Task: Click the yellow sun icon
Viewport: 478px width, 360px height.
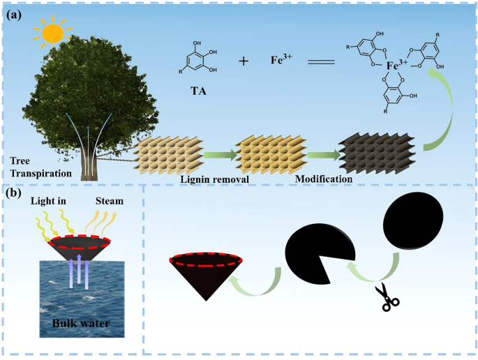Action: click(52, 32)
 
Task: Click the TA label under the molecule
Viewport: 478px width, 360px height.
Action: click(197, 91)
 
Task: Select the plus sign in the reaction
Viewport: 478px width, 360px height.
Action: click(244, 61)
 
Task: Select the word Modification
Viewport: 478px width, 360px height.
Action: click(323, 179)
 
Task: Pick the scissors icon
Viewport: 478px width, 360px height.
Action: click(386, 297)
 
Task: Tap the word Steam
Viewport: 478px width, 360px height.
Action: click(110, 201)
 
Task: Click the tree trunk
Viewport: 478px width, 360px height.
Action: click(89, 165)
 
